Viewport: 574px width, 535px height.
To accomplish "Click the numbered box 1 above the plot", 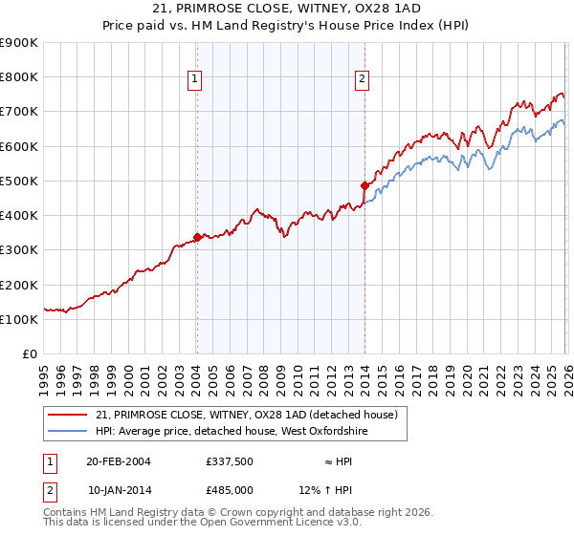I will coord(195,79).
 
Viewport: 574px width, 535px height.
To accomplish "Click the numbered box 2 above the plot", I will coord(364,79).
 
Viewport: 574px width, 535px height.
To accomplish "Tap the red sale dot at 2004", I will coord(197,237).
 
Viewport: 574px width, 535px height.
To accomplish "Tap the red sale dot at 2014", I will coord(364,185).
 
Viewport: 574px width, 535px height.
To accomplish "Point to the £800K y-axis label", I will coord(19,77).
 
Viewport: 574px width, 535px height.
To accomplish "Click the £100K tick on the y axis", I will coord(19,319).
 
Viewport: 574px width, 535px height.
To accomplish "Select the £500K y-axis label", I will coord(19,181).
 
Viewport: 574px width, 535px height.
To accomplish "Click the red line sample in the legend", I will coord(69,415).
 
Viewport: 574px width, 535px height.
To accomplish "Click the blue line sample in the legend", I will coord(69,431).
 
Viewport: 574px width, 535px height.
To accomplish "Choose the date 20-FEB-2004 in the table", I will coord(119,461).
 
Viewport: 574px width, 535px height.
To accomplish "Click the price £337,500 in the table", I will coord(230,461).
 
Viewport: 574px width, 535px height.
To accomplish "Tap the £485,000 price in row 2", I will coord(230,490).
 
